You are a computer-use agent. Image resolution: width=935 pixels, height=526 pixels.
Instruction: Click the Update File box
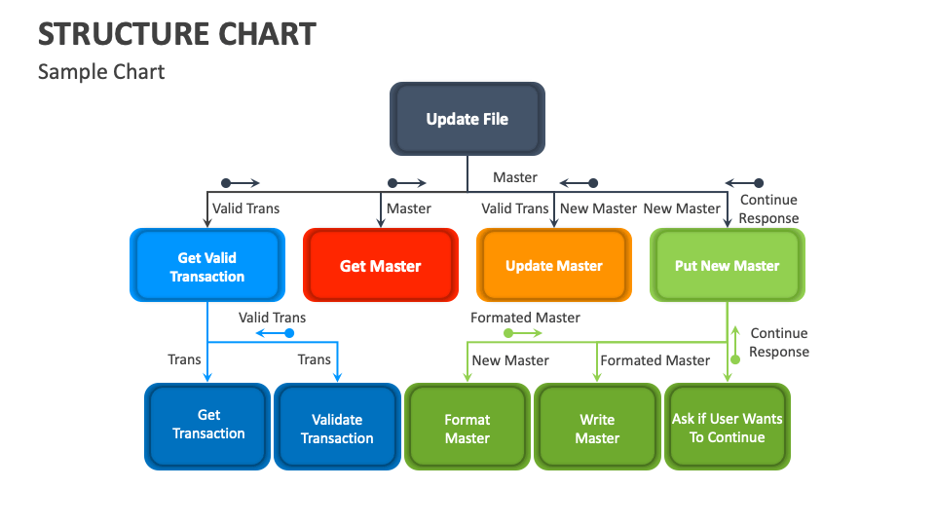point(467,119)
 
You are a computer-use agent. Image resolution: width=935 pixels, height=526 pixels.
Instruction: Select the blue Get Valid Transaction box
point(207,266)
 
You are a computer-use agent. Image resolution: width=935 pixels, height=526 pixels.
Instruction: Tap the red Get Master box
point(381,266)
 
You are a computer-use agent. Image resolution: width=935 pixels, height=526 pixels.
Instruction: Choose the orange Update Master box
point(554,266)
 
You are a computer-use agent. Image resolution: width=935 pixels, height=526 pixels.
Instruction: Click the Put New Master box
point(728,266)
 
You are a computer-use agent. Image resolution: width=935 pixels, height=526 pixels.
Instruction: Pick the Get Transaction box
point(208,425)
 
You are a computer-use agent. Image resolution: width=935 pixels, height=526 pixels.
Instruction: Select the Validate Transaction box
point(337,429)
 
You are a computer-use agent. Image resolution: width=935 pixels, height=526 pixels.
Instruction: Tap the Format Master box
point(467,429)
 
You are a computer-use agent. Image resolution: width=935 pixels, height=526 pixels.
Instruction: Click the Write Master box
point(597,429)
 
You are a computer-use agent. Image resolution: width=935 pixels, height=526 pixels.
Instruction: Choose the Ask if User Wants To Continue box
point(727,428)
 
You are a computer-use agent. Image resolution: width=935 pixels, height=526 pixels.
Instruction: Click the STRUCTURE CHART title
point(176,34)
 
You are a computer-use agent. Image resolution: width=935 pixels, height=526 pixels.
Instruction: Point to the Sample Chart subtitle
point(101,72)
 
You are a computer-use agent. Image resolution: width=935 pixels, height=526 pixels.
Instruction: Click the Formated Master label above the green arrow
point(525,318)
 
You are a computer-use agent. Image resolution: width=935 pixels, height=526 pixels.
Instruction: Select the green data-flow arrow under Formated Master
point(523,333)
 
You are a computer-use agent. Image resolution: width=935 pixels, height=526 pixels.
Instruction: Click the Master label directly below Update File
point(514,177)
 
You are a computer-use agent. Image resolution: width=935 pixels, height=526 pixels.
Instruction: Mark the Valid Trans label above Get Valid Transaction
point(245,208)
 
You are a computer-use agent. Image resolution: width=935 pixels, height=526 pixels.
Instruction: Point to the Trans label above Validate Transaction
point(314,359)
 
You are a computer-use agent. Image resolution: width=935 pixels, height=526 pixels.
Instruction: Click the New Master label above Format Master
point(510,360)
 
